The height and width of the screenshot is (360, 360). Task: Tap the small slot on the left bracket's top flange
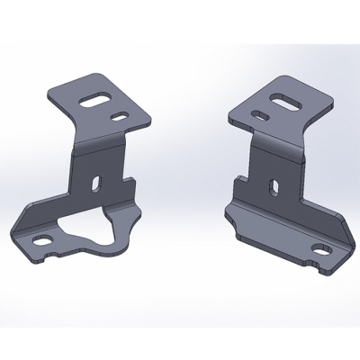pos(120,116)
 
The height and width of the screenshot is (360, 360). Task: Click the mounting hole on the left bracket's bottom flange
pos(45,239)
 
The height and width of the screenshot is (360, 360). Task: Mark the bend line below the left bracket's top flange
pos(99,143)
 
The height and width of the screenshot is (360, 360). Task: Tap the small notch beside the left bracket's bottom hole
pos(59,253)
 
